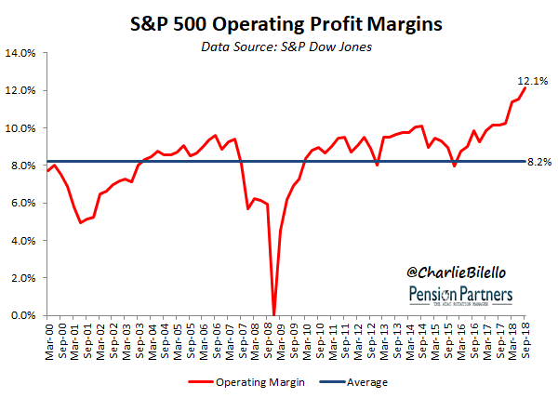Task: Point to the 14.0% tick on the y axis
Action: point(20,53)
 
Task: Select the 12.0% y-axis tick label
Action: point(20,90)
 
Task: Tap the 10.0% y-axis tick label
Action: point(20,128)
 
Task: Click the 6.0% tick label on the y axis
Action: point(22,203)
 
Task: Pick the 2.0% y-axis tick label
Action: point(22,278)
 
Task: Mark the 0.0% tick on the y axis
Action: point(22,315)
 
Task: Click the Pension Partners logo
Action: point(455,296)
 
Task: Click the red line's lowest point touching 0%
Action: point(273,314)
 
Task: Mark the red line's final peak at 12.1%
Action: point(525,88)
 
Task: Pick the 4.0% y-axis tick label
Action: point(22,240)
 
